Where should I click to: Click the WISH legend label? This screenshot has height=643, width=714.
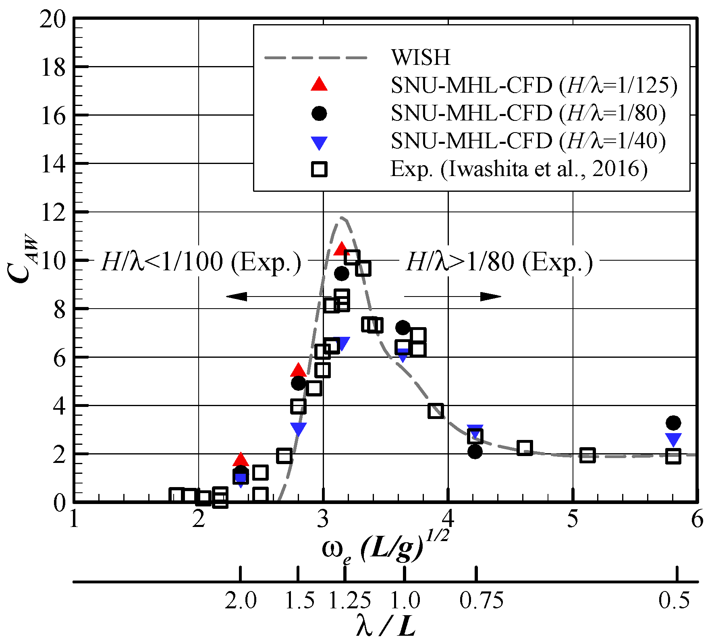tap(420, 57)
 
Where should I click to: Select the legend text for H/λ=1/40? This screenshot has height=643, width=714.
tap(528, 141)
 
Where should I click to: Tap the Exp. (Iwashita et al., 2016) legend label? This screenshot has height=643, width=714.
tap(519, 169)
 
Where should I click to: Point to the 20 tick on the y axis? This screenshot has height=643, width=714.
tap(52, 19)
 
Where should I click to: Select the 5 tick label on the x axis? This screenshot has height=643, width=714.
tap(572, 519)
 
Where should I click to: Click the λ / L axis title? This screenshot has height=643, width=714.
tap(386, 626)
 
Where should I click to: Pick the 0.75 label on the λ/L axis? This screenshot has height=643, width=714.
tap(482, 601)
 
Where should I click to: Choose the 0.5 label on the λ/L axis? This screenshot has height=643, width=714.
tap(674, 601)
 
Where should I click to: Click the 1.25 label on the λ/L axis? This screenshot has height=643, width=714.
tap(349, 601)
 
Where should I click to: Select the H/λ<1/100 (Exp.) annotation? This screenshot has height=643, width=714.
tap(201, 262)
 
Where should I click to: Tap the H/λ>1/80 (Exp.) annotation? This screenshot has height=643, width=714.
tap(499, 262)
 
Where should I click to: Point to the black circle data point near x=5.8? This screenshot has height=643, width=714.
tap(673, 423)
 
